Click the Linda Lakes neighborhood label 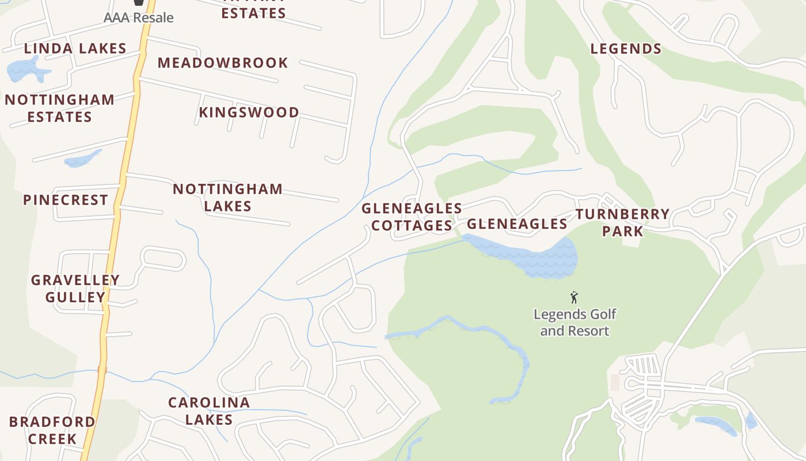tap(75, 48)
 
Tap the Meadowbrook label tap(223, 63)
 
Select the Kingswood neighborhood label tap(249, 112)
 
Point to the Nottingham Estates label tap(59, 108)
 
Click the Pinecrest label tap(66, 200)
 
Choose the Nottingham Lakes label tap(227, 197)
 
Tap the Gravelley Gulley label tap(75, 289)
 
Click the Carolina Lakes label tap(208, 411)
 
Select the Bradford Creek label tap(52, 430)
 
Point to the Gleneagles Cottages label tap(412, 217)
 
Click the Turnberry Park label tap(622, 222)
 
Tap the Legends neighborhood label tap(626, 49)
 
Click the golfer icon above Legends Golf tap(573, 297)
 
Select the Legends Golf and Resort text tap(575, 323)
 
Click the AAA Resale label tap(138, 18)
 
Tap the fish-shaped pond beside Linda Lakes tap(26, 70)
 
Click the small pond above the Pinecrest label tap(82, 159)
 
